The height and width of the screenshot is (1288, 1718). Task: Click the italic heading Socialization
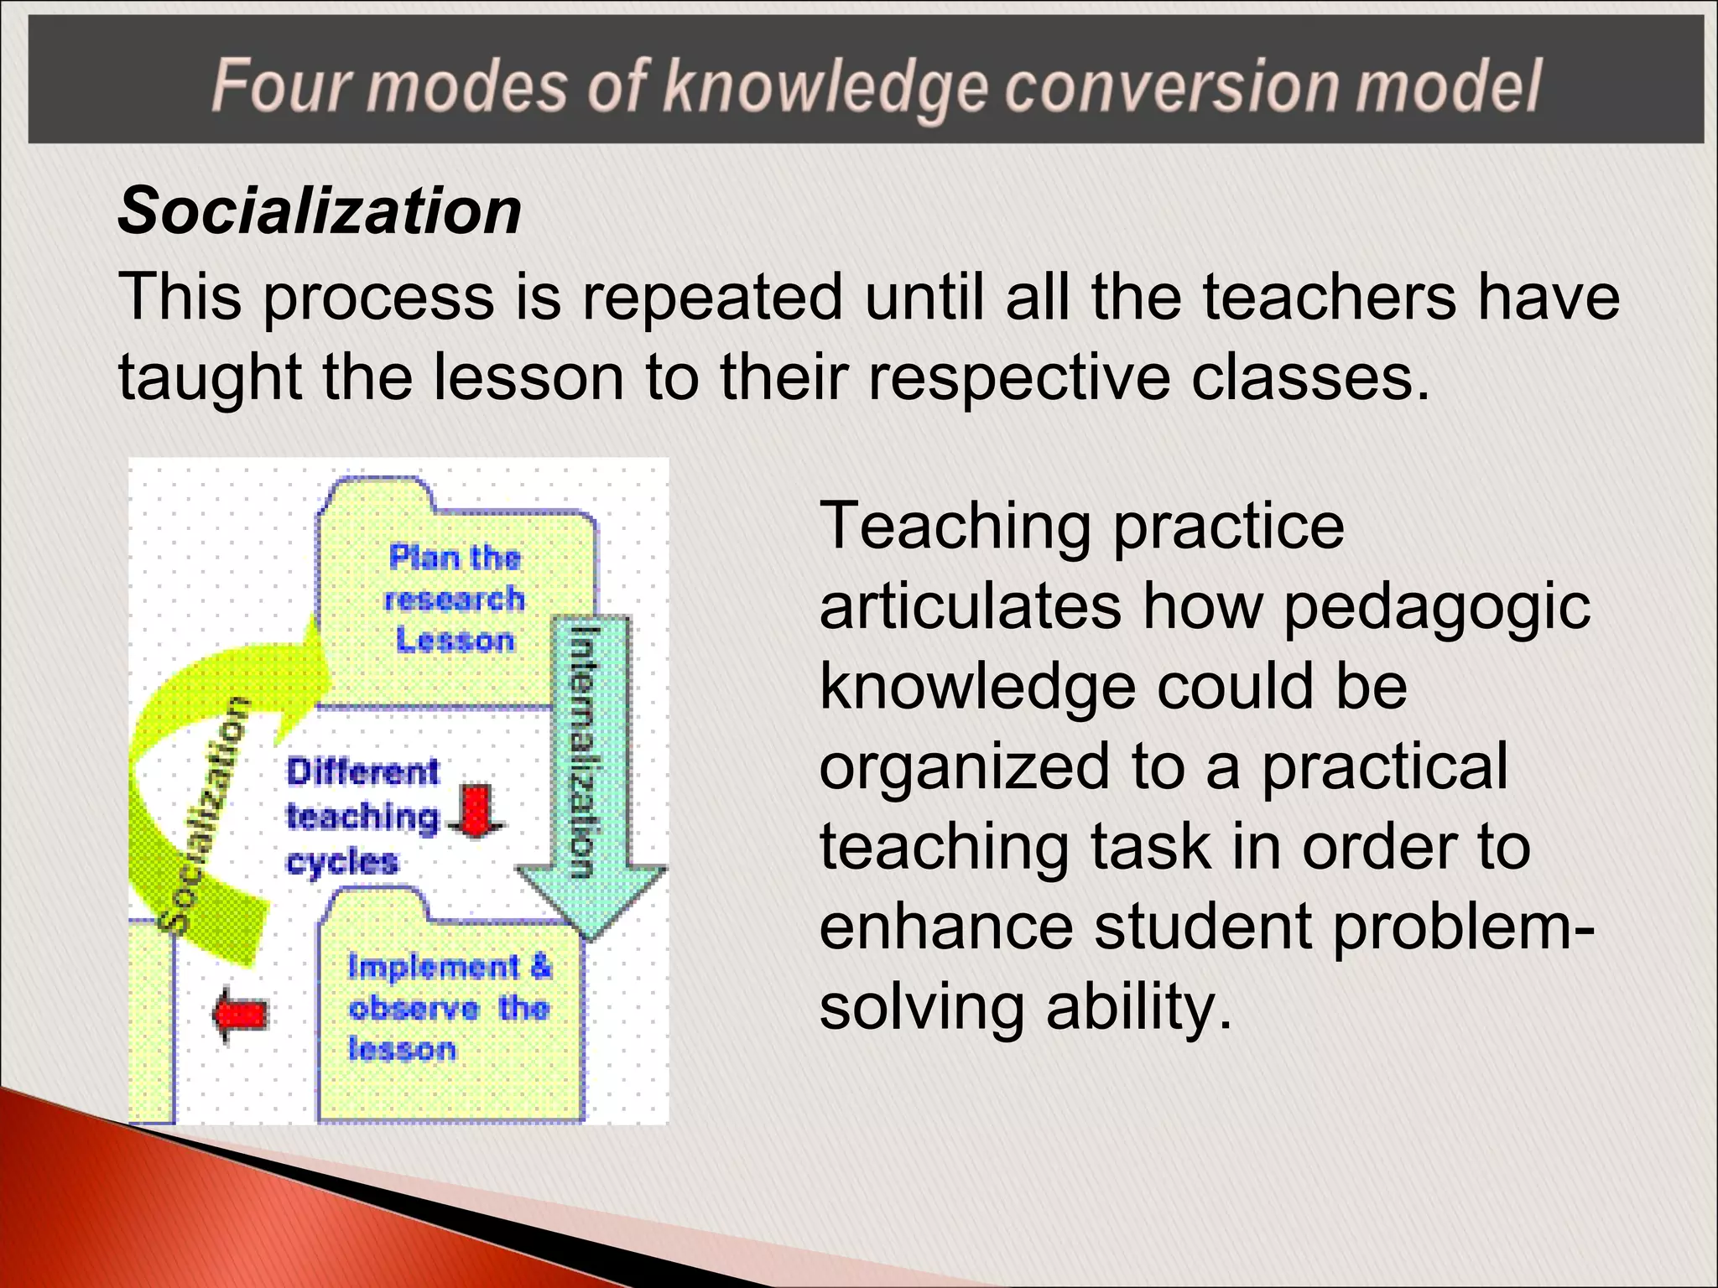click(x=320, y=210)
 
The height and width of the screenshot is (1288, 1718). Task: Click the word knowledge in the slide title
click(x=828, y=87)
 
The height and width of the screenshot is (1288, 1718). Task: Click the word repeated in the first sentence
click(x=712, y=297)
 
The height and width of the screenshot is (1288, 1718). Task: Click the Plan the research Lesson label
click(x=455, y=599)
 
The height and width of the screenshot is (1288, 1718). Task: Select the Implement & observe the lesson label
click(x=450, y=1008)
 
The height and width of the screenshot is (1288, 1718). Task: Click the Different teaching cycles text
click(x=362, y=816)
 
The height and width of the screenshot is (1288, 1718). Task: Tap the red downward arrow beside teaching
click(x=476, y=811)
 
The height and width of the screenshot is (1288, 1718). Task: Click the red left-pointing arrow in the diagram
click(x=240, y=1015)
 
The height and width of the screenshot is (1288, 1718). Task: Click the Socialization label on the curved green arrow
click(x=204, y=813)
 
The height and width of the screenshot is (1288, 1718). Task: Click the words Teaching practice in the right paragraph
click(x=1081, y=527)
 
